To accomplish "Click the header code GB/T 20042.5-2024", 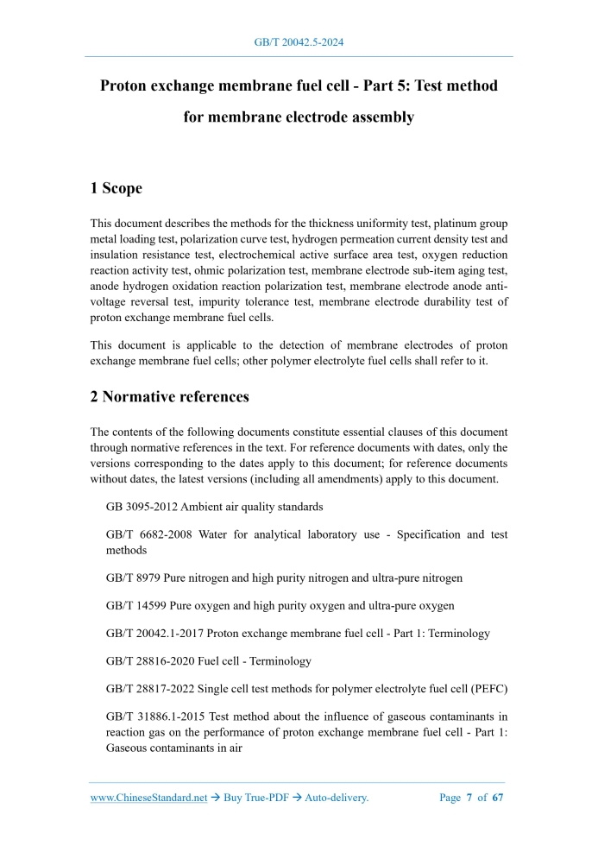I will tap(299, 41).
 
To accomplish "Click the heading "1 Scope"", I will tap(116, 188).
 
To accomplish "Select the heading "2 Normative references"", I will tap(170, 397).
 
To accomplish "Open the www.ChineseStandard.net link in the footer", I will tap(148, 798).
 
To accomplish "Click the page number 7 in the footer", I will tap(469, 798).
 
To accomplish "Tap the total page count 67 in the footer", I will tap(497, 798).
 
